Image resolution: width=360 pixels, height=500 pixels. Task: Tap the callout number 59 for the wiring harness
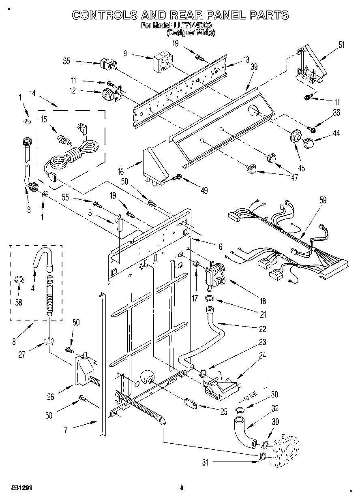coord(311,200)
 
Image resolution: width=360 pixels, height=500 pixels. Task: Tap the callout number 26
coord(51,397)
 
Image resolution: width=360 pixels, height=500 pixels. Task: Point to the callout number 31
coord(206,462)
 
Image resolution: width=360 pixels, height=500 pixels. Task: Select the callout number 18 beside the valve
coord(263,301)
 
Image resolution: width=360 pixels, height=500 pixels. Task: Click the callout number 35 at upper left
coord(67,62)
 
